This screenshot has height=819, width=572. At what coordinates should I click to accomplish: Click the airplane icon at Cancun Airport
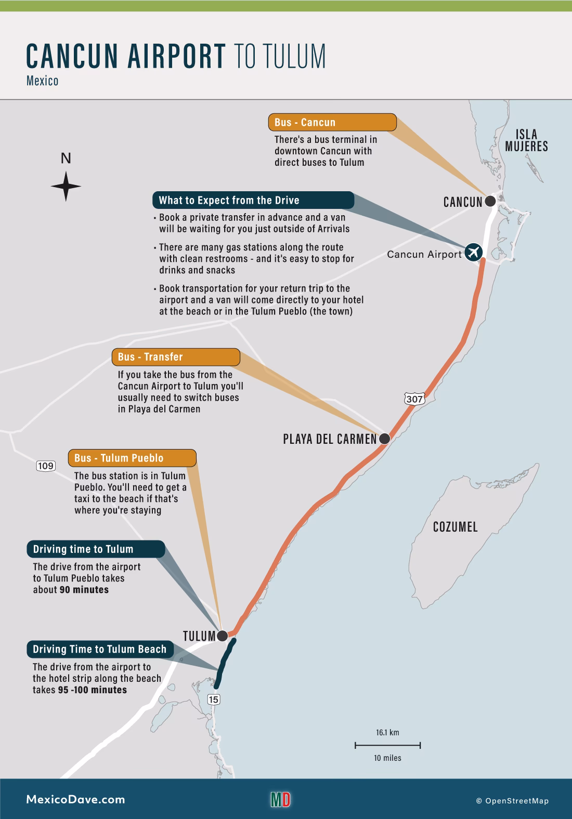(473, 252)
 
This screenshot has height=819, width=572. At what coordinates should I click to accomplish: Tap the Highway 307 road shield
(414, 399)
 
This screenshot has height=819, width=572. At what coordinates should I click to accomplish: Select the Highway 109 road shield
(46, 466)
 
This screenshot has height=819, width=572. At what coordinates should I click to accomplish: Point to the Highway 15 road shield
(213, 699)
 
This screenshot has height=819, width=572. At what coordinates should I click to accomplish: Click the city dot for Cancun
(490, 201)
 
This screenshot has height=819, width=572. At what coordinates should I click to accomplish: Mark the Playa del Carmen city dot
(384, 439)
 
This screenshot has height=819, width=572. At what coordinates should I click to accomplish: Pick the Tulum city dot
(222, 636)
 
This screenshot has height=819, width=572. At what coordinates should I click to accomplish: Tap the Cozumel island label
(455, 527)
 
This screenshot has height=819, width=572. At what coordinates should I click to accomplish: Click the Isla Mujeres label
(526, 140)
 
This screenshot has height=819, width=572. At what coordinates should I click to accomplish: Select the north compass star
(66, 186)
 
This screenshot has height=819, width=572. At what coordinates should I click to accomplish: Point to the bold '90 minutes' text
(84, 590)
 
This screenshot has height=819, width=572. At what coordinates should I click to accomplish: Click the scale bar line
(387, 746)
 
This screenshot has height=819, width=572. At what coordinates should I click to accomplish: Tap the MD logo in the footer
(280, 799)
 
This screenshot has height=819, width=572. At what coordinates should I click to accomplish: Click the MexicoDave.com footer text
(75, 800)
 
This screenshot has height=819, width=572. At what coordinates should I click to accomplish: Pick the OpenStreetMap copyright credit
(512, 801)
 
